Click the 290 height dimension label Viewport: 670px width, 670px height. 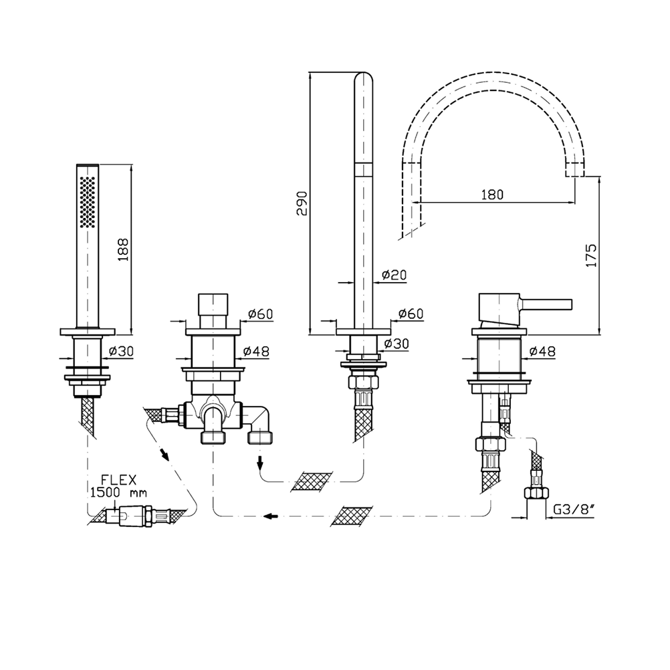(x=302, y=203)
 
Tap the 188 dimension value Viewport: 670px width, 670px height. (x=123, y=250)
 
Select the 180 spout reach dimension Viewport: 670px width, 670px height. (x=492, y=195)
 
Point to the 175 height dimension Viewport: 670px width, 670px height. (x=591, y=255)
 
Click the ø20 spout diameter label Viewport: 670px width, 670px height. (x=394, y=275)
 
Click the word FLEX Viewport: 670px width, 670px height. (x=119, y=480)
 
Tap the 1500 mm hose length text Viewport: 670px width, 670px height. (x=118, y=493)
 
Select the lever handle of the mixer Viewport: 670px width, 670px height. (x=545, y=303)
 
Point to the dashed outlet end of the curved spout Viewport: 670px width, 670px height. (x=574, y=170)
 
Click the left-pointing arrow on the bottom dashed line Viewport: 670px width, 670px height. (x=271, y=516)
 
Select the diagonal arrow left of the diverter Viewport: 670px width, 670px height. (x=164, y=453)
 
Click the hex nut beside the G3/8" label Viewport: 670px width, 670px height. (x=536, y=493)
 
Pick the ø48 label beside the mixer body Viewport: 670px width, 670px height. (x=542, y=351)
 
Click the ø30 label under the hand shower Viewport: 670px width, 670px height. (x=121, y=351)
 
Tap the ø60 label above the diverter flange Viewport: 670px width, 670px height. (x=260, y=314)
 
